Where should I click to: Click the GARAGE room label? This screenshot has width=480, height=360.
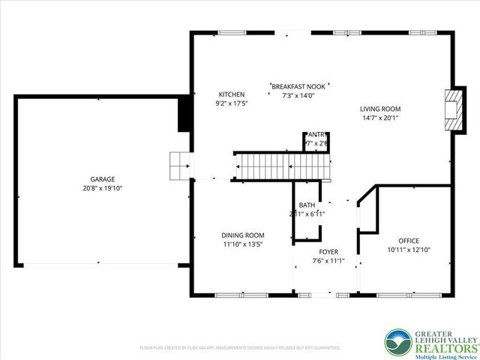click(103, 179)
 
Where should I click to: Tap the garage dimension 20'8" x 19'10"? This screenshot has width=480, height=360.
click(103, 188)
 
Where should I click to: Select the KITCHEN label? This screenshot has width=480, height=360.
click(231, 94)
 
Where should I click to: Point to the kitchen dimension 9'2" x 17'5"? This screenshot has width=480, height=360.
click(231, 103)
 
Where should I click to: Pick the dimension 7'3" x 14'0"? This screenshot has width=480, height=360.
click(298, 96)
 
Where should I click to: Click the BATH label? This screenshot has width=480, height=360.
click(307, 205)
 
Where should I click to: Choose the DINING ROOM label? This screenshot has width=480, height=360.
click(242, 235)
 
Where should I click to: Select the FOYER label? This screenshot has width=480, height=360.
click(328, 252)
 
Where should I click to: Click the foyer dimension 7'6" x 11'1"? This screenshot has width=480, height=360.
click(328, 261)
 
